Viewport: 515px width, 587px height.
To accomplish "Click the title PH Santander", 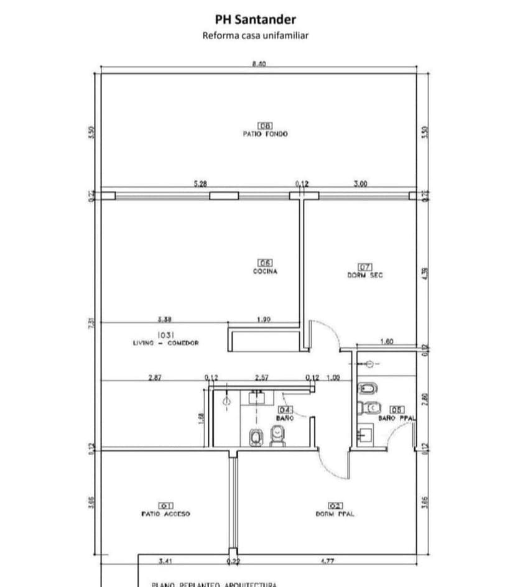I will click(x=255, y=20).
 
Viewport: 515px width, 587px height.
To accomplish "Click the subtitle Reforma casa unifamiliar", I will click(x=255, y=35).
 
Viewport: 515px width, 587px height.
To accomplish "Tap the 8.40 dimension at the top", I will click(x=259, y=64).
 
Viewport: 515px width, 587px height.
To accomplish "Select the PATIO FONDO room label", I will click(x=265, y=134).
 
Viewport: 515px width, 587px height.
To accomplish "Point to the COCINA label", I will click(x=265, y=271).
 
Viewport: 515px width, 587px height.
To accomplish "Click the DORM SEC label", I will click(x=365, y=275).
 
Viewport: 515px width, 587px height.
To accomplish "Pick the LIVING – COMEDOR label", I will click(x=165, y=343).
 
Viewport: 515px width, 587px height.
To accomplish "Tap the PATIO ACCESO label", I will click(x=165, y=514).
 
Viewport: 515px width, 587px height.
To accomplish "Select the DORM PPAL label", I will click(x=335, y=514).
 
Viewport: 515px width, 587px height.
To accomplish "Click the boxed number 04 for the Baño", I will click(x=285, y=410).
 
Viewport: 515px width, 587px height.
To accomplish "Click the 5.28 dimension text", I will click(x=200, y=184).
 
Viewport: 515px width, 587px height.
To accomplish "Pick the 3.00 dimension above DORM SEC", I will click(x=360, y=184).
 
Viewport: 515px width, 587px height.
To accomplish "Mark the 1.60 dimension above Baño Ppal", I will click(x=386, y=342).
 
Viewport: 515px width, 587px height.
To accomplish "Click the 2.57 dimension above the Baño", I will click(x=261, y=377).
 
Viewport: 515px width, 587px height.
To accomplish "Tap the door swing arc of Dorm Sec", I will click(x=330, y=330).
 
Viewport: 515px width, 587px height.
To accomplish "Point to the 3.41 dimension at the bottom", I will click(x=165, y=561).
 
